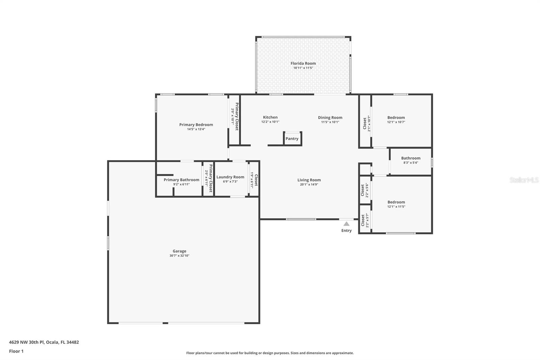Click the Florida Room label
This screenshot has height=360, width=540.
[303, 63]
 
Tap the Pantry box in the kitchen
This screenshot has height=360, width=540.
[292, 139]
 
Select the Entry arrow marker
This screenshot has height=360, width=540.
[346, 224]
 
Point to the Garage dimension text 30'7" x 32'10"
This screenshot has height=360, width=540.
[179, 256]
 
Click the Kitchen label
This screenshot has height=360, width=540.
[270, 117]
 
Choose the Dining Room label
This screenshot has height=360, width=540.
[330, 118]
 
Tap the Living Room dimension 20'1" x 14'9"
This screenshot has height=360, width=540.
[309, 185]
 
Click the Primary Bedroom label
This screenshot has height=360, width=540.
[196, 125]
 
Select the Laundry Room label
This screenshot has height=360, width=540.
[230, 177]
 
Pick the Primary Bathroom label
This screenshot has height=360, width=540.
[181, 180]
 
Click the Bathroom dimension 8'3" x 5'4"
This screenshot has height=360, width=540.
[411, 163]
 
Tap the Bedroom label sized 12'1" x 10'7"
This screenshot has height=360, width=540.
[396, 118]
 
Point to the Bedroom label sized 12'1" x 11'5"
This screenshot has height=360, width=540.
[396, 202]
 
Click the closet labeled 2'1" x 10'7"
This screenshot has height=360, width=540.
[365, 123]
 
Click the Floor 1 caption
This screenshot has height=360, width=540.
[16, 351]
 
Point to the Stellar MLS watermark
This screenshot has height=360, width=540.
[524, 180]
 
